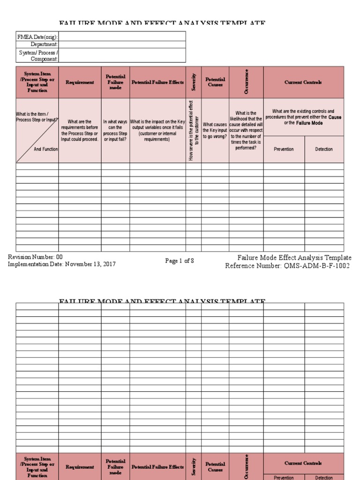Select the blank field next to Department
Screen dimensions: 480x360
[x=122, y=44]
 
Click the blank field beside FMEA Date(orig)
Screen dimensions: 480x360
[x=122, y=37]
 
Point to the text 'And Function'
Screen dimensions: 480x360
[x=45, y=149]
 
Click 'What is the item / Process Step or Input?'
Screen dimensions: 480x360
[x=37, y=117]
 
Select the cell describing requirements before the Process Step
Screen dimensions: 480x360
[x=80, y=130]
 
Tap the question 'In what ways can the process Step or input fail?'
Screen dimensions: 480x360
[x=115, y=130]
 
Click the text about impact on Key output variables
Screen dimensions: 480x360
[x=157, y=130]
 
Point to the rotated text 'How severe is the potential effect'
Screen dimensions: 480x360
[x=191, y=130]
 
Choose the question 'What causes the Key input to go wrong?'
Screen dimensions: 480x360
[x=215, y=130]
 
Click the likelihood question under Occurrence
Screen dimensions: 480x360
[x=246, y=130]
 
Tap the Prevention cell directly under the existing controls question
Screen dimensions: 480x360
[x=284, y=150]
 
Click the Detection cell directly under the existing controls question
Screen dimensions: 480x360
[x=324, y=150]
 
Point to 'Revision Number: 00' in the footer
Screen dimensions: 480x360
[x=35, y=257]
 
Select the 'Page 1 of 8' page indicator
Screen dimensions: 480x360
[x=180, y=261]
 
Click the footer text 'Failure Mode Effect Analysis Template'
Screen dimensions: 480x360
[x=294, y=258]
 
